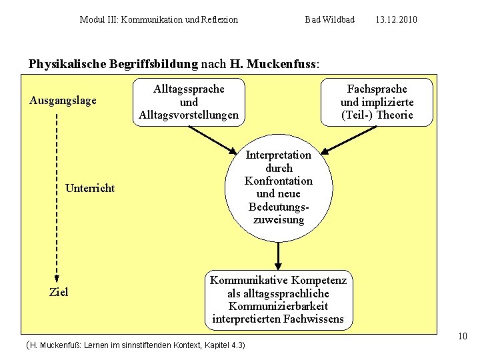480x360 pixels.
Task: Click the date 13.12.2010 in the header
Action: [x=396, y=20]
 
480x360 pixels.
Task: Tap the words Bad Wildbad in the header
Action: [x=329, y=20]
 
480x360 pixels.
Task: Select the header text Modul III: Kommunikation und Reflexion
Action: [x=159, y=20]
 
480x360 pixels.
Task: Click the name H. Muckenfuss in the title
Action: [x=273, y=65]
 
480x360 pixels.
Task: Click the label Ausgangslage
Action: [x=63, y=101]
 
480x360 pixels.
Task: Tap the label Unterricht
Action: [x=90, y=188]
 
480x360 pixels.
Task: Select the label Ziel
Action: [x=59, y=292]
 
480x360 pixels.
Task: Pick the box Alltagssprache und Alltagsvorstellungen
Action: [x=189, y=102]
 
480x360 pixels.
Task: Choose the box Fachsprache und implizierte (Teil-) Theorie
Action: [x=377, y=102]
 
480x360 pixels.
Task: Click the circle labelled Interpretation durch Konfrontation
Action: [x=279, y=187]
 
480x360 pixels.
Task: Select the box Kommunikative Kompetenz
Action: [x=278, y=299]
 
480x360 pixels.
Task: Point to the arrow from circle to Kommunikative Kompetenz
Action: [x=279, y=256]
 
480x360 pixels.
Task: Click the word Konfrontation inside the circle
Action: [x=279, y=181]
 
